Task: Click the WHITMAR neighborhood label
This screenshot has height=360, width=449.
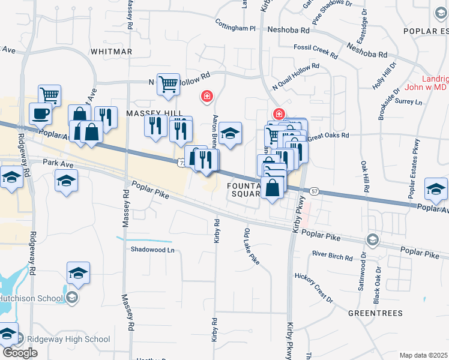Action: click(111, 52)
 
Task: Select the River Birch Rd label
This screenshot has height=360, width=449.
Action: click(332, 256)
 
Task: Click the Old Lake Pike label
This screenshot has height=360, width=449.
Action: click(252, 245)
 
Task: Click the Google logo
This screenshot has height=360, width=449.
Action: click(19, 352)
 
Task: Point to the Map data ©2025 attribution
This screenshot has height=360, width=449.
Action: click(423, 355)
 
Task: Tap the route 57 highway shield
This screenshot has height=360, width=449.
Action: click(315, 191)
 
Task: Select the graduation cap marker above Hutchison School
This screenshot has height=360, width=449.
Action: click(78, 273)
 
